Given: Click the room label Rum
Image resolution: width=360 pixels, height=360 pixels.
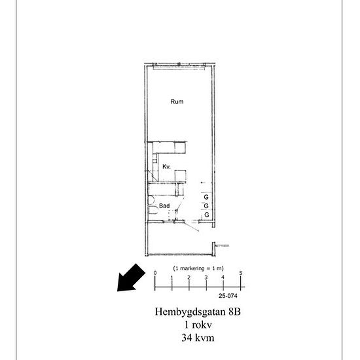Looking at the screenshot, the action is [x=177, y=101].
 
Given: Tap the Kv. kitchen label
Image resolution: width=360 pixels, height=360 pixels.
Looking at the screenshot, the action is [x=166, y=166].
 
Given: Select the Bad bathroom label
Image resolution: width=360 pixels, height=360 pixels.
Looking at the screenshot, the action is [x=164, y=206].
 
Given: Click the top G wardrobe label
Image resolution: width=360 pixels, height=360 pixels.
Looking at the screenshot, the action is [x=206, y=197].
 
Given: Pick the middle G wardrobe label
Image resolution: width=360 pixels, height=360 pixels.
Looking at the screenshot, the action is [x=206, y=206].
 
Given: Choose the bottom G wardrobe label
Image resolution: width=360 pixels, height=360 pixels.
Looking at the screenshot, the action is [x=207, y=215].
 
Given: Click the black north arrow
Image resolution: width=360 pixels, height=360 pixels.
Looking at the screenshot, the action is [x=131, y=278].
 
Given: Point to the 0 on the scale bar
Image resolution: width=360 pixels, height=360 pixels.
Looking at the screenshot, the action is [x=155, y=273].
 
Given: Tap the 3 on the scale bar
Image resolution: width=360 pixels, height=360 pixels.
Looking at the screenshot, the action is [x=206, y=278].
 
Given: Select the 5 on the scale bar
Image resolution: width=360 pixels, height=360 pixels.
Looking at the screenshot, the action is [x=241, y=273].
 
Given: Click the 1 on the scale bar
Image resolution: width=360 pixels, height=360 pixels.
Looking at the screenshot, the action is [x=171, y=278].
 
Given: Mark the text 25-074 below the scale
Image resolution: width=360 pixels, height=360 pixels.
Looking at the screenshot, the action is [x=228, y=296].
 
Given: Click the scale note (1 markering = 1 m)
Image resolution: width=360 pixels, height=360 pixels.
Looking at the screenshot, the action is [x=198, y=268].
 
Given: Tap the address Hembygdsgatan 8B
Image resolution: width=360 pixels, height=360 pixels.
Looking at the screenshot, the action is [x=198, y=312].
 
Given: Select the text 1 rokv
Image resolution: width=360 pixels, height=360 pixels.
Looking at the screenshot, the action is [x=198, y=325].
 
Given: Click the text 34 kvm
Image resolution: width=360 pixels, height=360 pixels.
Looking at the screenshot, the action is [x=198, y=338].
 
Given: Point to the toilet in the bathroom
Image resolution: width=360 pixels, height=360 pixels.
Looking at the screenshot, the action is [x=153, y=210].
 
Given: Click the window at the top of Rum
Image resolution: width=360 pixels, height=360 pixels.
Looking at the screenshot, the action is [x=179, y=67].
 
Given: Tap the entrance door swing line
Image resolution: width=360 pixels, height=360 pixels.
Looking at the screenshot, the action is [x=192, y=226].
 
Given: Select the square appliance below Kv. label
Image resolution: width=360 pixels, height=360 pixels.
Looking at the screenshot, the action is [x=180, y=176].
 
